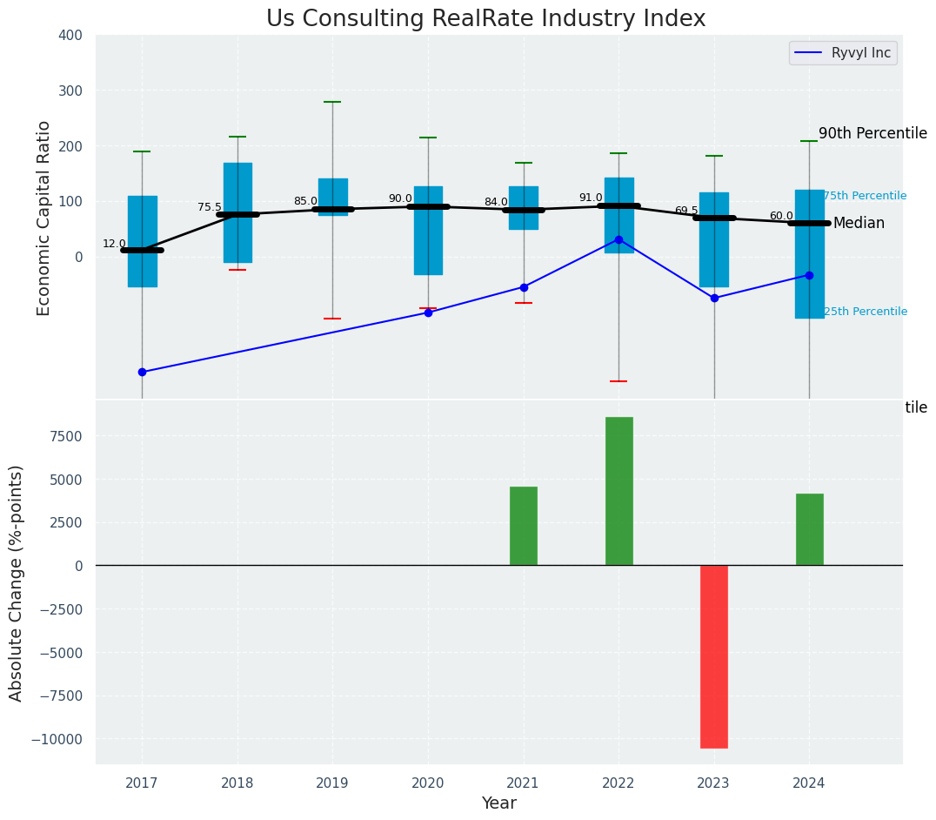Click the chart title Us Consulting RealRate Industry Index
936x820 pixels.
485,19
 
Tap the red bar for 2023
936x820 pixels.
714,656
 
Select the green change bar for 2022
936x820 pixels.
618,491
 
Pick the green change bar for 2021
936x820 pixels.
524,526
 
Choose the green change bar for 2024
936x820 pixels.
809,529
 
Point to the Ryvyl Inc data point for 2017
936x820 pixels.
142,372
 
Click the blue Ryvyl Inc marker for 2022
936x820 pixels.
618,239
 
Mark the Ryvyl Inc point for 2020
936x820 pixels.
428,313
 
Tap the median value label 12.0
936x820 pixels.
114,244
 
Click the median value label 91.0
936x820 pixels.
591,198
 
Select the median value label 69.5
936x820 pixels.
686,211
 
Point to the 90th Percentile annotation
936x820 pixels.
872,133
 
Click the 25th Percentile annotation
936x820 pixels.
865,312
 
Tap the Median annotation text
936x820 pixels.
859,224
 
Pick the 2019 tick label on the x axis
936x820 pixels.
332,783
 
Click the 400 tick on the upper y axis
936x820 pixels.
70,35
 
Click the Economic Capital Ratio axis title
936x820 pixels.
44,218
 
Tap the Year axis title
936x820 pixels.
499,803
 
